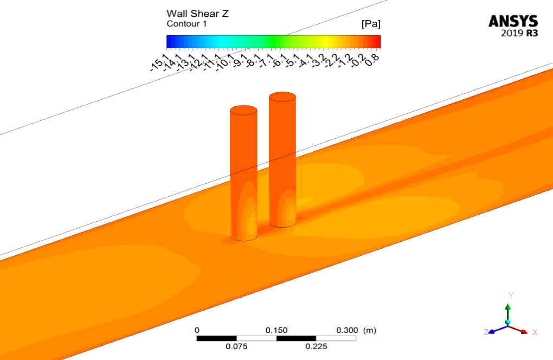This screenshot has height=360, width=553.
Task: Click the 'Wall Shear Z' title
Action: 197,14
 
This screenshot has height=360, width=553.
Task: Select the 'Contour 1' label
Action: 187,24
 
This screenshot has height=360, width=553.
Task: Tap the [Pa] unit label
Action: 370,24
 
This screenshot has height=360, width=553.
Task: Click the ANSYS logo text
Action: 513,21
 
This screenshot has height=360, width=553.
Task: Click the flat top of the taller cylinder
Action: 282,98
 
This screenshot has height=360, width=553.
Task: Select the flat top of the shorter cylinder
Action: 243,110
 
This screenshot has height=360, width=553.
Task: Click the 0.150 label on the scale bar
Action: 276,330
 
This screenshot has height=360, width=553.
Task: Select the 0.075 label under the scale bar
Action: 236,346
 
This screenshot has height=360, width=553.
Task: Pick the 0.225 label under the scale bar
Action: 316,346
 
